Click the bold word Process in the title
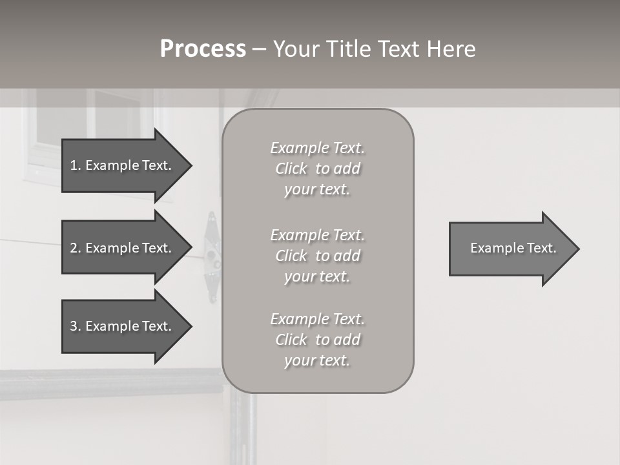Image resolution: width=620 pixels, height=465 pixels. (x=203, y=49)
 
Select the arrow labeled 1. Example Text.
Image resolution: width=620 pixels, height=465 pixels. (x=123, y=165)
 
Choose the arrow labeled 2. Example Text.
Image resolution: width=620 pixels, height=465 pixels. (x=123, y=248)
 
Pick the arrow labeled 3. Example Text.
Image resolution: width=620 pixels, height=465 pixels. (x=123, y=326)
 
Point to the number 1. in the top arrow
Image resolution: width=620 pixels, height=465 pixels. (x=76, y=165)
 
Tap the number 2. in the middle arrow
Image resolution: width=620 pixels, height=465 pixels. (x=76, y=248)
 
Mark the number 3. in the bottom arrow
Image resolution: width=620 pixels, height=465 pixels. (x=76, y=326)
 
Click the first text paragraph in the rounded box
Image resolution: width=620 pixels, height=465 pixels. (x=318, y=169)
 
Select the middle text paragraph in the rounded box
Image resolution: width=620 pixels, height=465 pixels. (x=318, y=256)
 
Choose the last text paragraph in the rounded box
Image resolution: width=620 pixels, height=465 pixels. (x=318, y=340)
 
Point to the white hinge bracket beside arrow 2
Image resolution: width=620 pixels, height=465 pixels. (x=211, y=256)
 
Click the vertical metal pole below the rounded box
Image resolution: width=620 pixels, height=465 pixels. (x=244, y=426)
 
